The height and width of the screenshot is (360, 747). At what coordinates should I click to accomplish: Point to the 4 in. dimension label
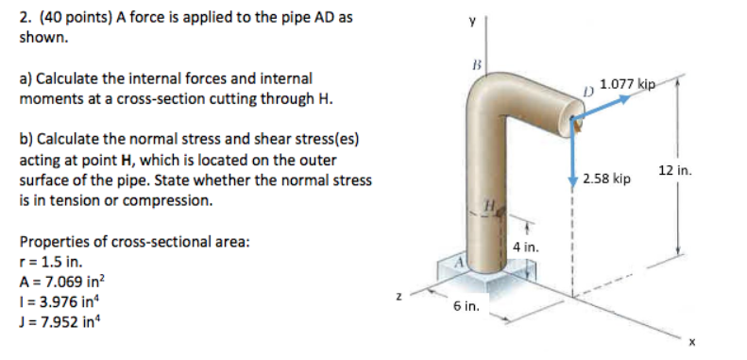(526, 248)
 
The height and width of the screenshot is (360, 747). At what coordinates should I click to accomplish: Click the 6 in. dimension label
(467, 307)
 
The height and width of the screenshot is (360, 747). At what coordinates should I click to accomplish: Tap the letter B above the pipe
(476, 68)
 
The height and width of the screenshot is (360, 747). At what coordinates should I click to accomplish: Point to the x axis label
(691, 343)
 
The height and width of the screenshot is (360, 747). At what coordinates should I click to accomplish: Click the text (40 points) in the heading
(76, 17)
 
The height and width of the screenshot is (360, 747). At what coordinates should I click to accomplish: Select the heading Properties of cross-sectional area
(134, 241)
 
